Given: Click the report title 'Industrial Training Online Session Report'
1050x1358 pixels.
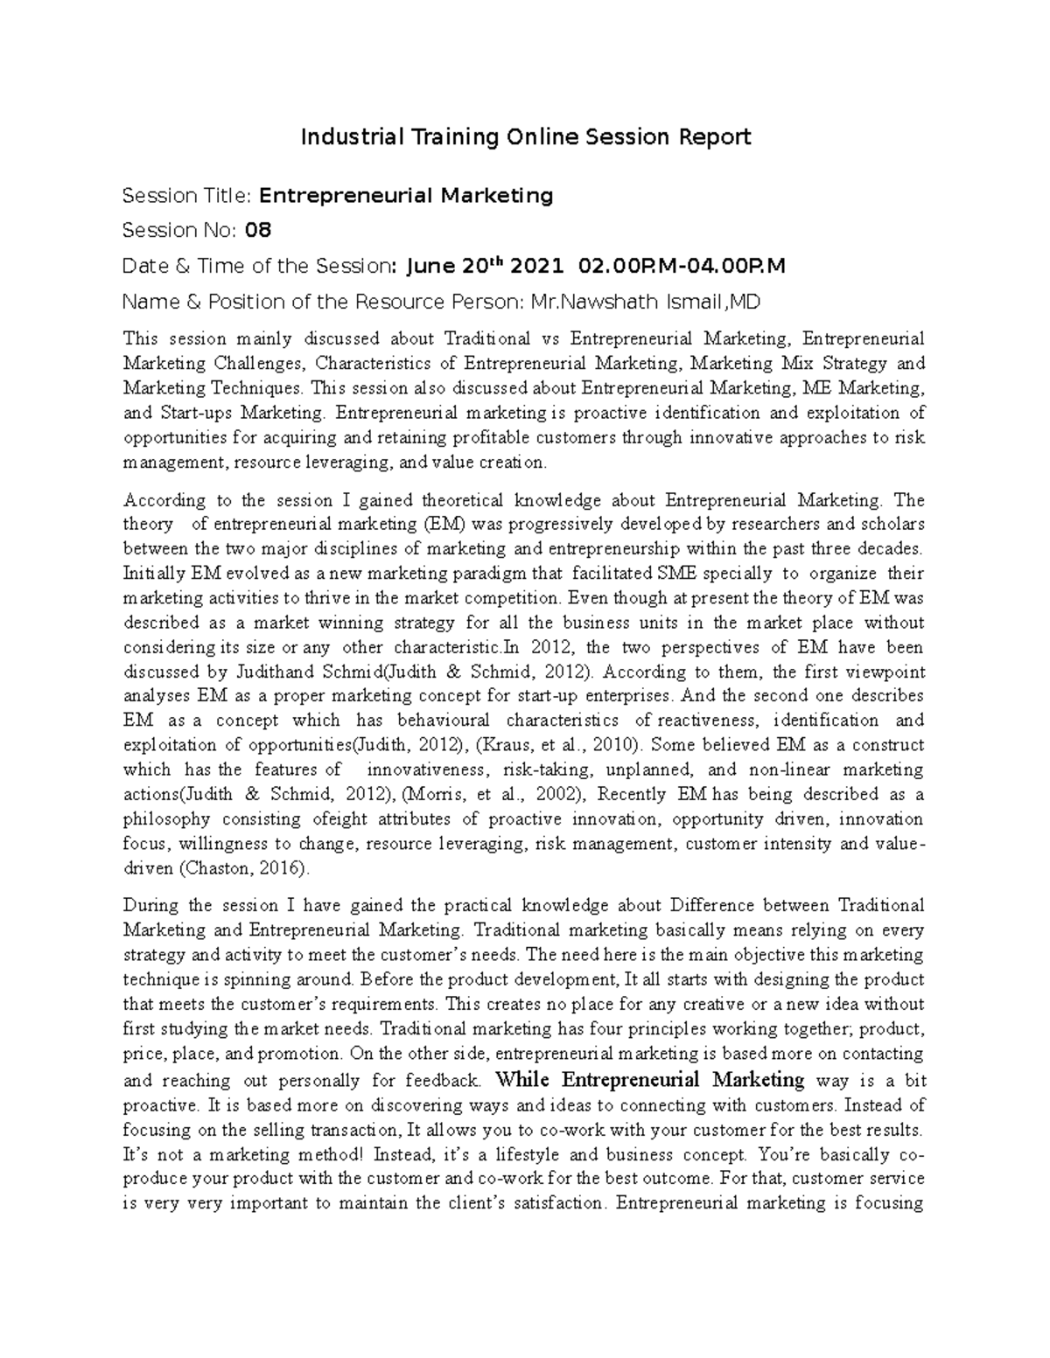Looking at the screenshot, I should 525,137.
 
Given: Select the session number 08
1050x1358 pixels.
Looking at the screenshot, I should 258,230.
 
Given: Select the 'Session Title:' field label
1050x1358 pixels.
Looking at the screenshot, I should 188,195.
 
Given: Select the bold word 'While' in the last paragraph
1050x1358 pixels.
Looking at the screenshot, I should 521,1079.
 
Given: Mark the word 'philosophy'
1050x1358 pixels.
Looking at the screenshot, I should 166,819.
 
